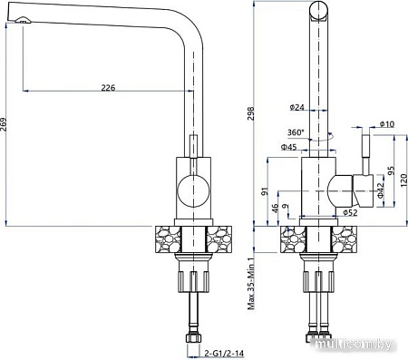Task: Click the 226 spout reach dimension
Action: click(107, 87)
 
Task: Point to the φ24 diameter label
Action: click(296, 107)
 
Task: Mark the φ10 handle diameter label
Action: click(386, 124)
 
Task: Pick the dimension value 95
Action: click(391, 171)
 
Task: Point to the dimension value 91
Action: click(264, 190)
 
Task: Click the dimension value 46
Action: click(275, 209)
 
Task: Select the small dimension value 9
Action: click(286, 209)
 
